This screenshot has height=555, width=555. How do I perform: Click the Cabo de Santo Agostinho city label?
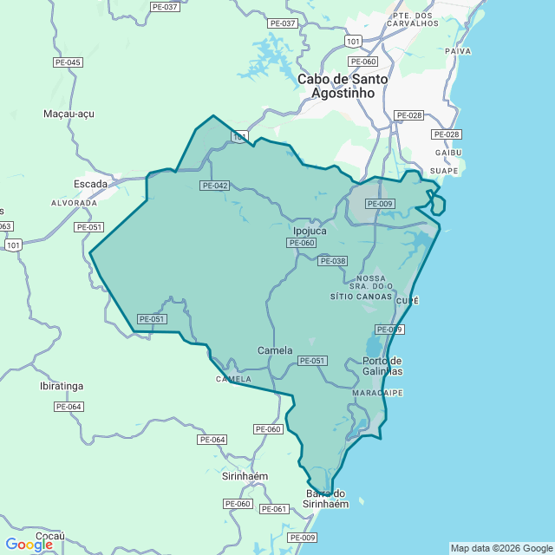(x=343, y=85)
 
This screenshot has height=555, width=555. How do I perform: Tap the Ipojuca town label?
(x=310, y=231)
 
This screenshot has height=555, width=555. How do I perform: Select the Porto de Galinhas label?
(x=382, y=365)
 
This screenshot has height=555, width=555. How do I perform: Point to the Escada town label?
(x=90, y=184)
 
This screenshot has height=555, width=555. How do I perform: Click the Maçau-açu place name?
(x=69, y=114)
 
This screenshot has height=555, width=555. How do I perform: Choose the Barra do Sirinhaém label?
(x=326, y=498)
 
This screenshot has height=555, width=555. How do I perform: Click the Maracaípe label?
(x=378, y=393)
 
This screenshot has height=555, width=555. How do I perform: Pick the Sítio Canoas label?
(x=362, y=296)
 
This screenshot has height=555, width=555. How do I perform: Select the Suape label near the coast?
(x=444, y=171)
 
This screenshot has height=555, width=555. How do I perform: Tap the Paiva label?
(x=458, y=51)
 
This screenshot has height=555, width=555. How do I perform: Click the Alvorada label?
(x=75, y=202)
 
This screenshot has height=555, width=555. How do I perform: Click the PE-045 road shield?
(x=68, y=62)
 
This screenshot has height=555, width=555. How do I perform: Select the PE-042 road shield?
(x=214, y=186)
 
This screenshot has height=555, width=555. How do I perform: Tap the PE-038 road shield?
(x=332, y=261)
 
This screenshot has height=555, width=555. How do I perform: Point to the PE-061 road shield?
(x=274, y=509)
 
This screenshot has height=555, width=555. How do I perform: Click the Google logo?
(x=29, y=545)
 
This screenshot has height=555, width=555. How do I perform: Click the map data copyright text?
(x=501, y=548)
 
